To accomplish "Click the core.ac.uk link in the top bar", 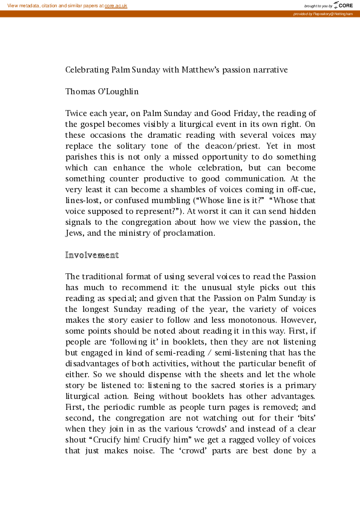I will [x=116, y=5].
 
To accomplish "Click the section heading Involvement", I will [x=92, y=255].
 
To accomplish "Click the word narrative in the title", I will [x=269, y=70].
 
